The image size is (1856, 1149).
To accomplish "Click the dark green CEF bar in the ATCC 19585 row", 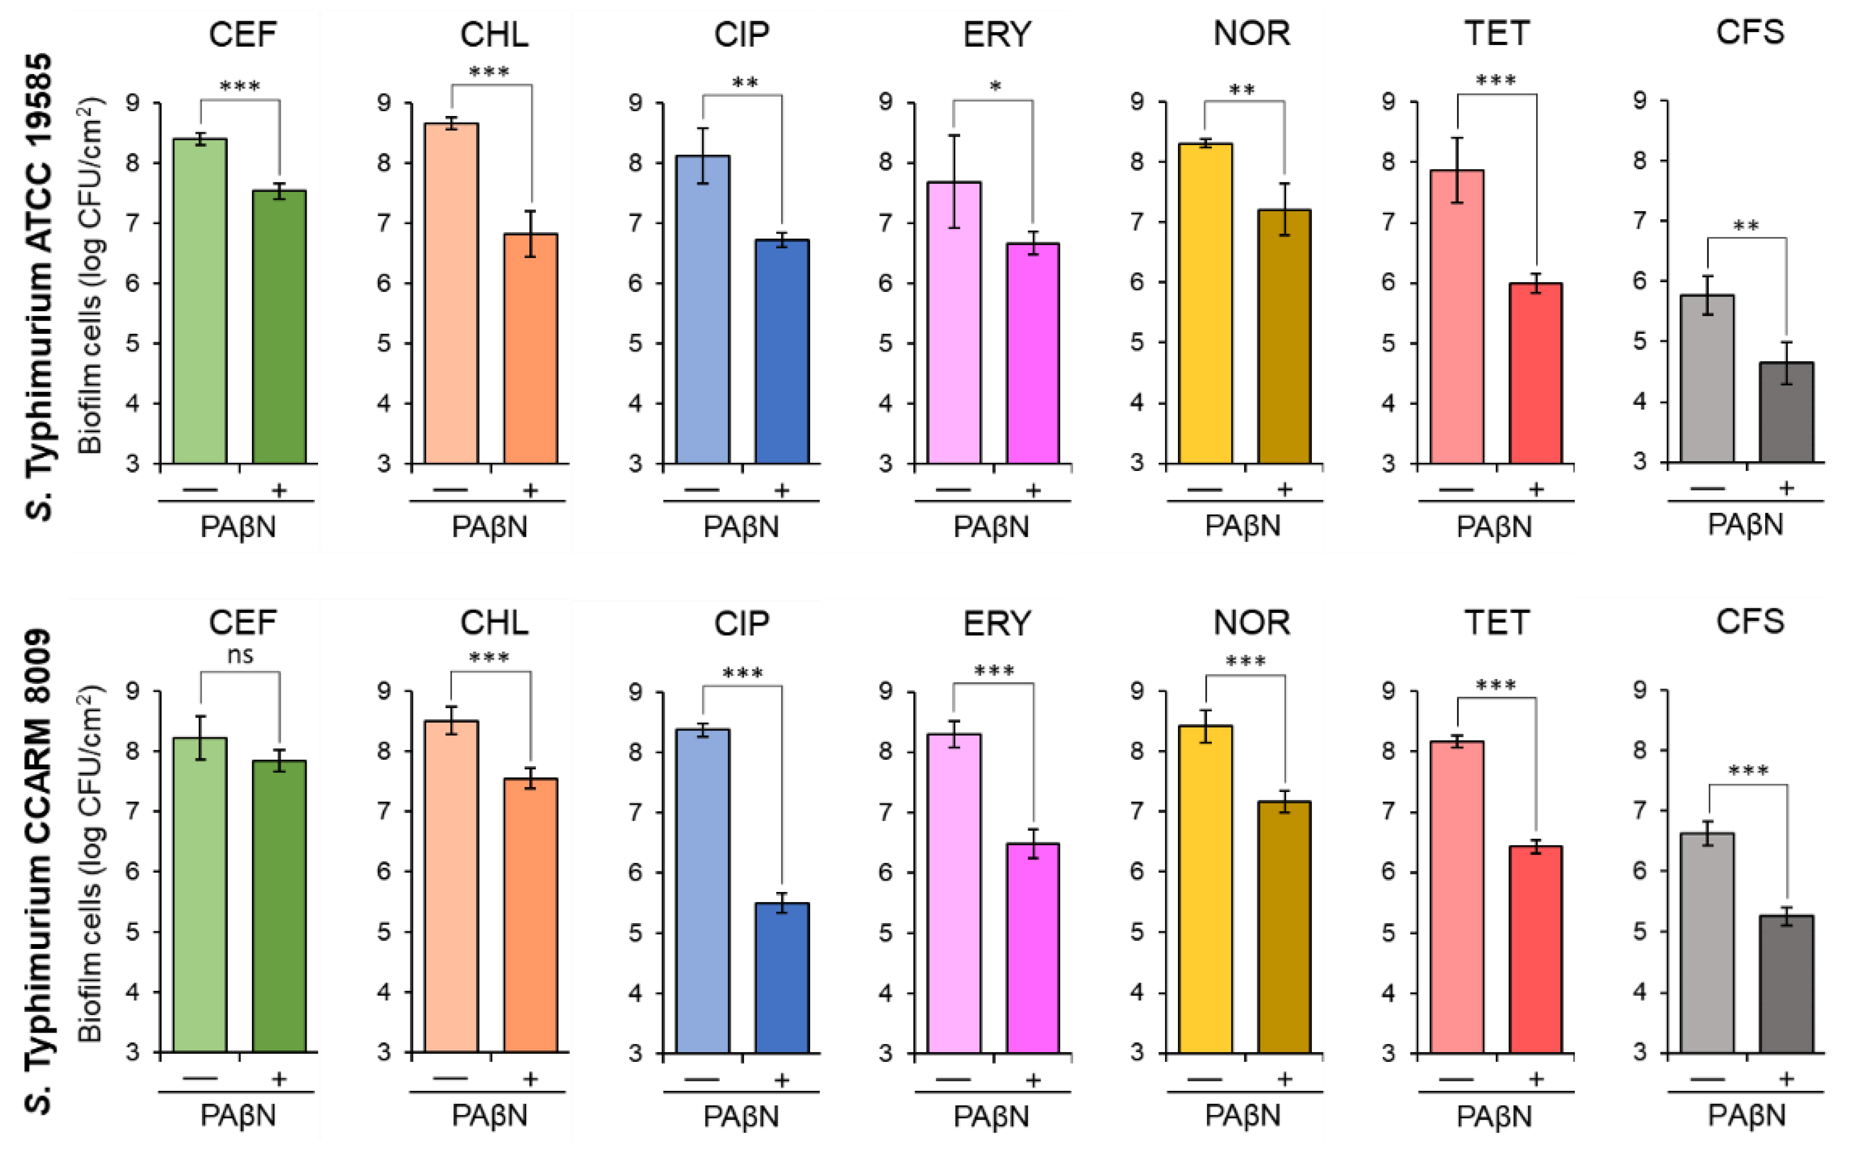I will pyautogui.click(x=279, y=327).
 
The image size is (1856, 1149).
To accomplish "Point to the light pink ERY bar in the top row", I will pyautogui.click(x=954, y=322).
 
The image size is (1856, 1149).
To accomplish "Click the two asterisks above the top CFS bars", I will pyautogui.click(x=1746, y=226).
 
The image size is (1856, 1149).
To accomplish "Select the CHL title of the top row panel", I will pyautogui.click(x=493, y=34).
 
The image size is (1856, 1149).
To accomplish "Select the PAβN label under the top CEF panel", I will pyautogui.click(x=238, y=526).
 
